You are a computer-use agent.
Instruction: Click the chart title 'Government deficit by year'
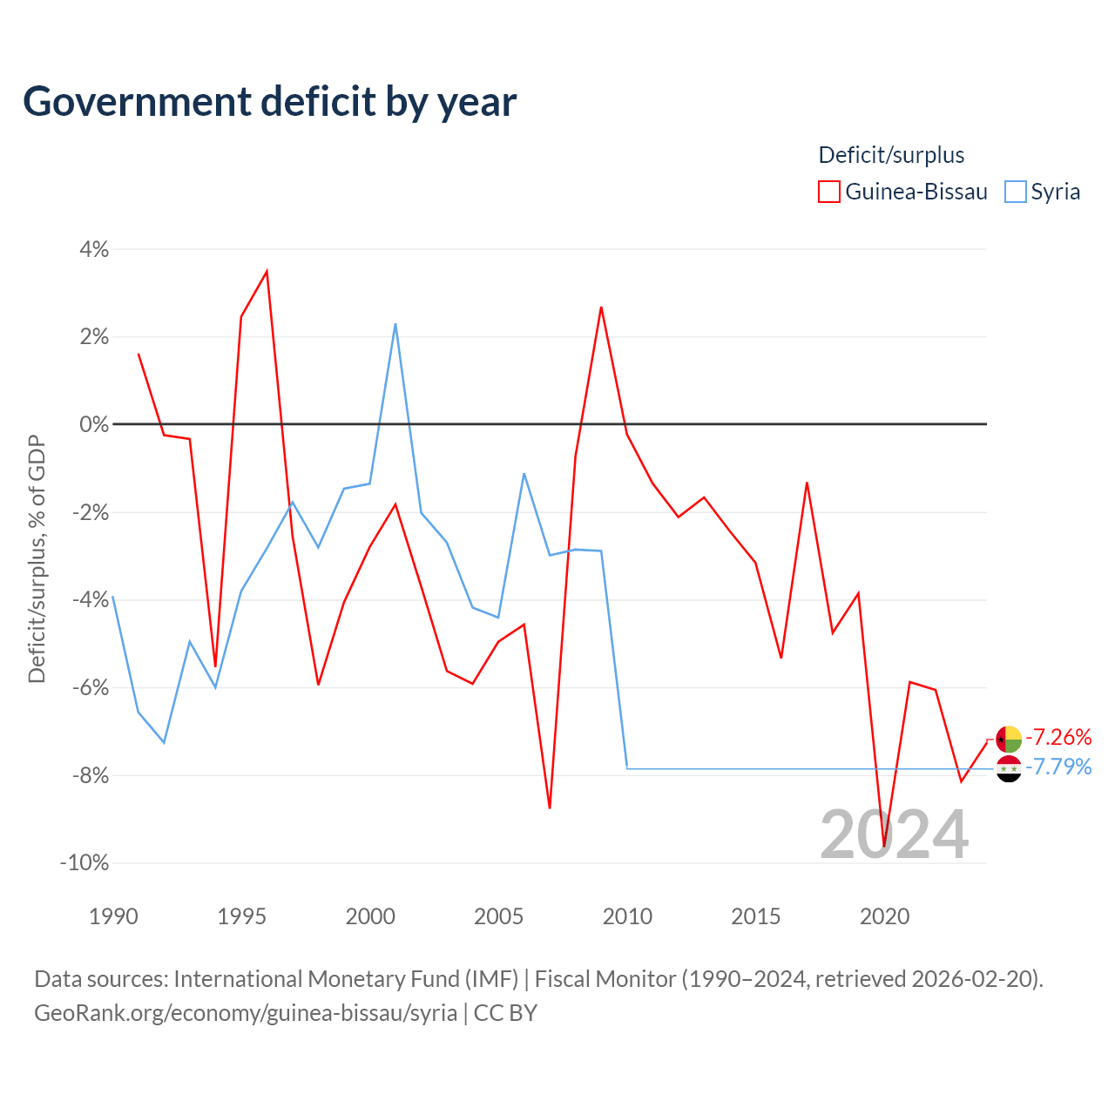[270, 101]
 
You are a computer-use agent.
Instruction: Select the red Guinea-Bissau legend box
[828, 192]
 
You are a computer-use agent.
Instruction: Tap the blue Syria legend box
[1015, 192]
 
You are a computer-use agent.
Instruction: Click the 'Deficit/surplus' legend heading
[891, 155]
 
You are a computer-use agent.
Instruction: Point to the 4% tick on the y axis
[94, 249]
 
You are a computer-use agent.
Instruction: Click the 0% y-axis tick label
[94, 424]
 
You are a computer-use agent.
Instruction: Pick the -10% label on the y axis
[84, 862]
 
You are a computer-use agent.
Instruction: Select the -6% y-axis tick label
[90, 687]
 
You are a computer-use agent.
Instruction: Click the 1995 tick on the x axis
[241, 916]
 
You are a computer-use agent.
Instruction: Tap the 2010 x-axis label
[627, 916]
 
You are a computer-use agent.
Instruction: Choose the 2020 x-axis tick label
[884, 916]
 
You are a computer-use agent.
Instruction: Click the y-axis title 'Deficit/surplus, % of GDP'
[37, 559]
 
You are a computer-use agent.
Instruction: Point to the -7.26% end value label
[1058, 737]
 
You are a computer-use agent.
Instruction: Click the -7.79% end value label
[1058, 767]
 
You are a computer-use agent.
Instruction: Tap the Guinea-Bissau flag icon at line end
[1009, 739]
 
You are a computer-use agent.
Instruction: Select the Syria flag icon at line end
[1009, 768]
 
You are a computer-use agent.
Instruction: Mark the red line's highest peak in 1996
[267, 271]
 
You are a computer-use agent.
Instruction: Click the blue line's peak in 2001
[395, 324]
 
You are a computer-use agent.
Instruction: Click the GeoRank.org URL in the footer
[246, 1012]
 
